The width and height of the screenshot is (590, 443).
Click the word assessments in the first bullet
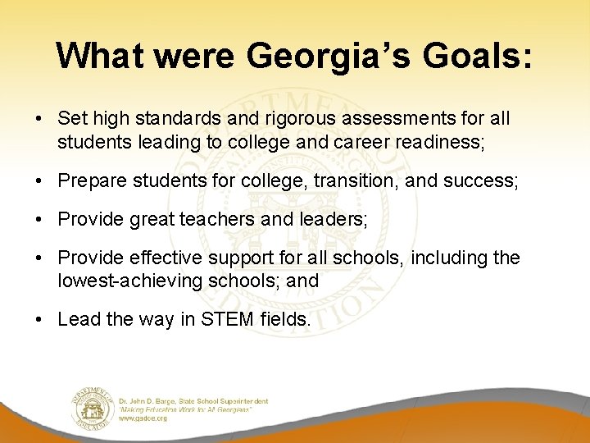(x=370, y=119)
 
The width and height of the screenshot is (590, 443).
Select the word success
(x=480, y=180)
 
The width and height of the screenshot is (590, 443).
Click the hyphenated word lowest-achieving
(x=129, y=281)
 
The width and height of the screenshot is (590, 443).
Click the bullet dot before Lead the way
(x=39, y=319)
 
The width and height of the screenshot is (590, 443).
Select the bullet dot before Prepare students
(x=39, y=180)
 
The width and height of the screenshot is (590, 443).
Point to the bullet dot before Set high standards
(x=39, y=119)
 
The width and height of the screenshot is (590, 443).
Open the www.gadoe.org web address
(x=143, y=418)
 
